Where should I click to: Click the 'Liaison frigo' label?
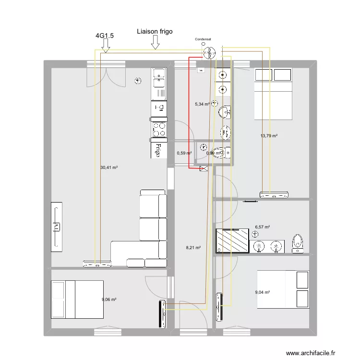pos(155,32)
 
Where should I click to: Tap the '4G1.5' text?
pos(105,35)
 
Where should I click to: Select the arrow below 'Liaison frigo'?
pos(155,44)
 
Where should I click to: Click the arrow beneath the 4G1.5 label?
pos(106,46)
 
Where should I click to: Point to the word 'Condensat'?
pos(204,40)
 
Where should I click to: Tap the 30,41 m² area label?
pos(109,168)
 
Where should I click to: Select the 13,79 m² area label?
pos(269,136)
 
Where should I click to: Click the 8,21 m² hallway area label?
pos(193,248)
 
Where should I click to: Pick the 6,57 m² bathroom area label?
pos(263,227)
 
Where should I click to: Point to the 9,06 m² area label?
pos(109,300)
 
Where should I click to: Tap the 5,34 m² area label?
pos(202,104)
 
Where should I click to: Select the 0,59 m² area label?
pos(184,153)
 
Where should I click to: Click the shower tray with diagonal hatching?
pos(232,240)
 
